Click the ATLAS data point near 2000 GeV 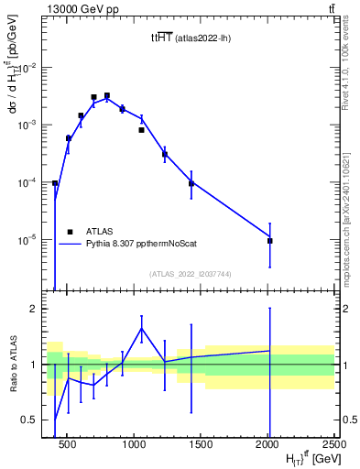click(x=269, y=240)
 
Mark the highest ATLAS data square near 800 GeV click(x=107, y=95)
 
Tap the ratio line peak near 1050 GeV click(x=141, y=328)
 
